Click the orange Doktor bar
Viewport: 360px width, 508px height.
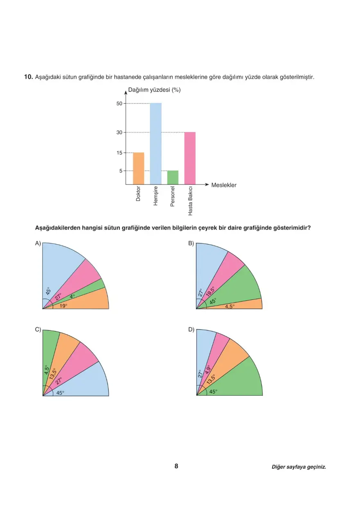(x=138, y=168)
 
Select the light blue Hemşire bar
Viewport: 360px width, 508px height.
(x=155, y=144)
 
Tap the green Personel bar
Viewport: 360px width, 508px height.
(x=173, y=177)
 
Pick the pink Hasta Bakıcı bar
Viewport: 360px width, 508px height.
(x=190, y=158)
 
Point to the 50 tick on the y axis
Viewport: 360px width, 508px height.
(x=119, y=103)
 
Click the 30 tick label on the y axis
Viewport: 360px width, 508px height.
(x=119, y=132)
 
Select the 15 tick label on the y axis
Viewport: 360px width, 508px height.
(x=119, y=153)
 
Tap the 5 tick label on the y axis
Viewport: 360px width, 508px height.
(x=121, y=171)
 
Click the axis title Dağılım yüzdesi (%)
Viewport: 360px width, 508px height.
(x=154, y=90)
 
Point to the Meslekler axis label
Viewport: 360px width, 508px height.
(x=224, y=185)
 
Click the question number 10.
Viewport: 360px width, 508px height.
(x=28, y=76)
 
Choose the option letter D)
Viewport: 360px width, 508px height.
(x=191, y=330)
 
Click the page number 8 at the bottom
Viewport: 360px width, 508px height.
(x=176, y=466)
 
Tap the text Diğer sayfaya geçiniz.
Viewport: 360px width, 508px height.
(x=299, y=467)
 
